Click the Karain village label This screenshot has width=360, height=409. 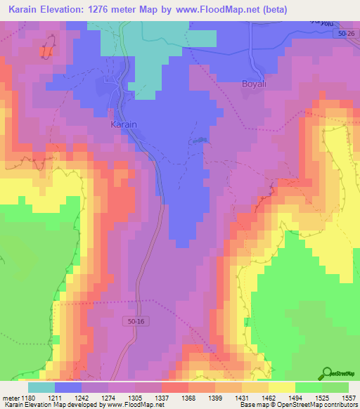(x=124, y=124)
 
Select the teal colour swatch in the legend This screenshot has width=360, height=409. (x=41, y=387)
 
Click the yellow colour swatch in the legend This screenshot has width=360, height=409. (x=281, y=387)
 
